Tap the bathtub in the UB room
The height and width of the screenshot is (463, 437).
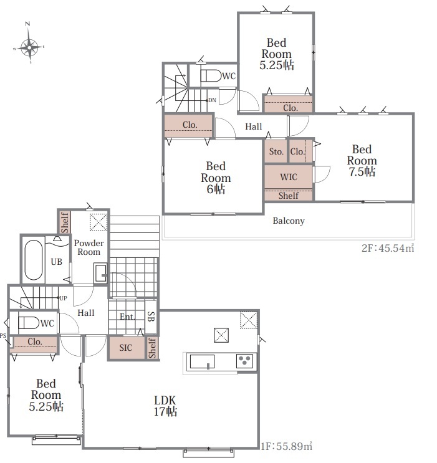[x=34, y=260]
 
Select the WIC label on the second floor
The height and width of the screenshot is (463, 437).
[x=289, y=177]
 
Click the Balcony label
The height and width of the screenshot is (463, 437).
[x=289, y=221]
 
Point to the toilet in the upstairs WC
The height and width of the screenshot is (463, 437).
[x=211, y=75]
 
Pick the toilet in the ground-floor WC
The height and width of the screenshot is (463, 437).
[x=29, y=323]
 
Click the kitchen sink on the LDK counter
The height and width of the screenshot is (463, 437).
[x=202, y=361]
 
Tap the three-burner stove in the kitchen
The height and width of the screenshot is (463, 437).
[x=244, y=361]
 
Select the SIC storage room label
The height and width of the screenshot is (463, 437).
[x=125, y=348]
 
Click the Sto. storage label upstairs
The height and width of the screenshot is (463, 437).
[x=276, y=151]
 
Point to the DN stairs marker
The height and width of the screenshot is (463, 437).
[x=212, y=100]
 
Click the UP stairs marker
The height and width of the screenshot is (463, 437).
[x=63, y=298]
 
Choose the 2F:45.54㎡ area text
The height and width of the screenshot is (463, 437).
[x=388, y=248]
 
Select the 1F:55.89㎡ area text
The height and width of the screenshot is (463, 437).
[x=286, y=446]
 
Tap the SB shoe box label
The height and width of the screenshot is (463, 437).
[x=151, y=317]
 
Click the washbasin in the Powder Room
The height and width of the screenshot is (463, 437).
[x=100, y=273]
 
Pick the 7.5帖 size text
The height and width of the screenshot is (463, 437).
[x=362, y=171]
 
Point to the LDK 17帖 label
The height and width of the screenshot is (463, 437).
[x=165, y=406]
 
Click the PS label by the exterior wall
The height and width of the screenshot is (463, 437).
[x=3, y=336]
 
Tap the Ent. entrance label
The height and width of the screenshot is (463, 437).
[x=127, y=317]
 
